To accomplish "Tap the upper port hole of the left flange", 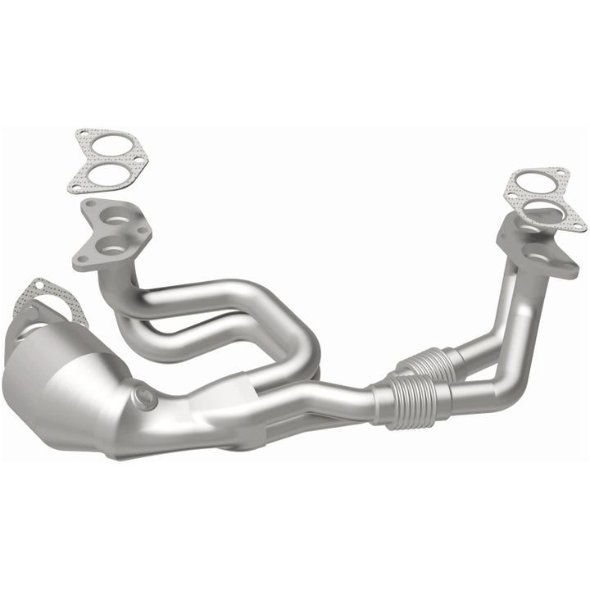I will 116,219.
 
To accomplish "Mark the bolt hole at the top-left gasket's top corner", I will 84,134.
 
